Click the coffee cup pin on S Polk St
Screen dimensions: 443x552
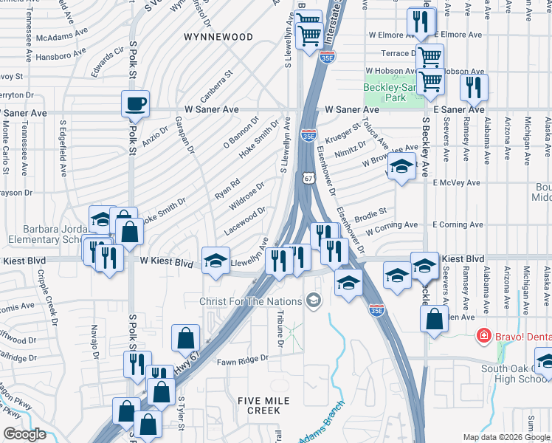pos(135,104)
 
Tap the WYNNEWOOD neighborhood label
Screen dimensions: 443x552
pos(218,36)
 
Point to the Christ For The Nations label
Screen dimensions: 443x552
pos(251,301)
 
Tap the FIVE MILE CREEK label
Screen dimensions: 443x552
pos(264,405)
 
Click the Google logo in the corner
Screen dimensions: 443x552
pos(24,433)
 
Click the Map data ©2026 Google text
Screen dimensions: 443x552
pos(506,436)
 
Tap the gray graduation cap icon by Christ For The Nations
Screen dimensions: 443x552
pos(314,300)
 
